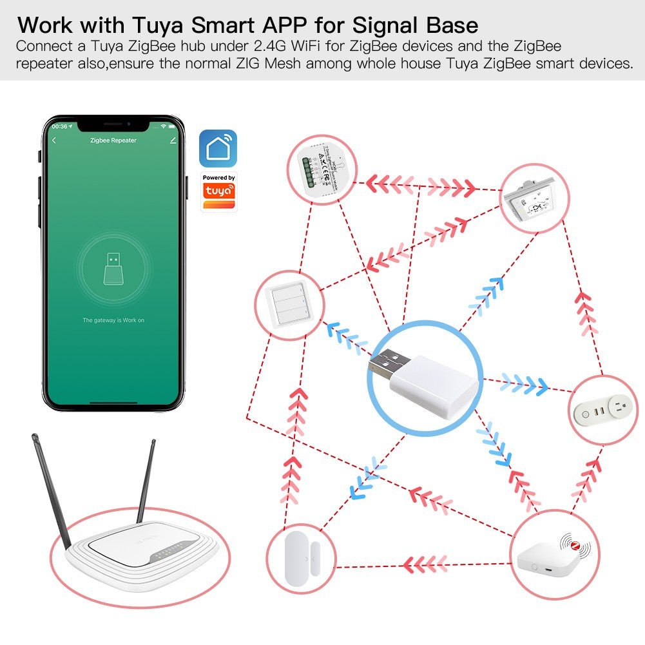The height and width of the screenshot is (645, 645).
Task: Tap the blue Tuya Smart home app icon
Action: [218, 148]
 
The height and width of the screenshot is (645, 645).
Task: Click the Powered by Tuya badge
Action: [218, 191]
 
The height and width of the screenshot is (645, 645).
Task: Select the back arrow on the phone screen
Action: [54, 140]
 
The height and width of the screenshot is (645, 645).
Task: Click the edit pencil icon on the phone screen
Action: [172, 140]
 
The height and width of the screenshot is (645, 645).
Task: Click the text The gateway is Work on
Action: [113, 320]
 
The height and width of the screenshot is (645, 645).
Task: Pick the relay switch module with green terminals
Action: [316, 171]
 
